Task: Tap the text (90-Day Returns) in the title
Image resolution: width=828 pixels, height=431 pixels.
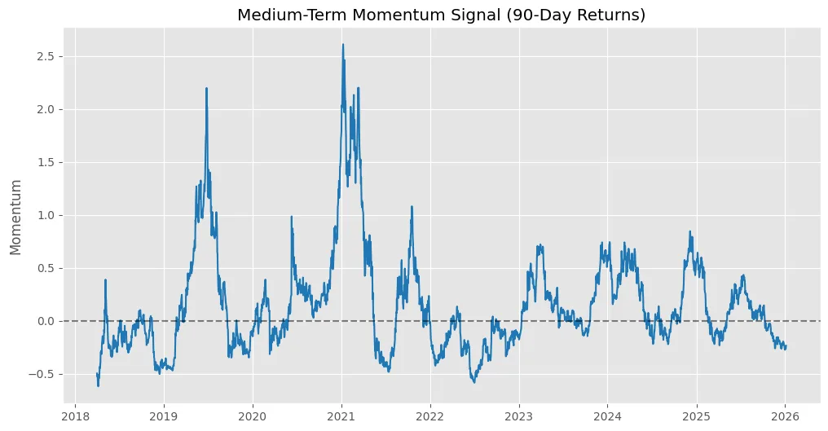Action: pos(575,15)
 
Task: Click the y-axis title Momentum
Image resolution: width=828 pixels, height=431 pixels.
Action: pos(16,218)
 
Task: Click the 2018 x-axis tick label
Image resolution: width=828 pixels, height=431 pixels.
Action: pos(75,414)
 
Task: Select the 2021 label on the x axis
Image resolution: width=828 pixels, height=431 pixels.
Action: pos(341,414)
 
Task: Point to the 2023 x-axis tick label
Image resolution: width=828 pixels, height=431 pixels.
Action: pos(519,414)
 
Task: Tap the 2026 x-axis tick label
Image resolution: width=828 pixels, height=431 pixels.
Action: pos(785,414)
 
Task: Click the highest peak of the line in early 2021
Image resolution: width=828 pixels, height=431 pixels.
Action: pos(343,44)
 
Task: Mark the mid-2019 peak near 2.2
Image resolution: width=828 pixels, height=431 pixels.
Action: pos(206,88)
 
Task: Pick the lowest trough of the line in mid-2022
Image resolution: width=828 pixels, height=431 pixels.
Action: pos(473,382)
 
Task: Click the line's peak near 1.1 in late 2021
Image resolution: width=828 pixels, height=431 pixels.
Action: pos(412,206)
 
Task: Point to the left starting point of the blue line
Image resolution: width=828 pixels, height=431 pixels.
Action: pos(97,374)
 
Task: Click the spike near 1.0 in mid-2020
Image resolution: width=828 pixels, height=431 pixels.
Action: pos(291,217)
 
